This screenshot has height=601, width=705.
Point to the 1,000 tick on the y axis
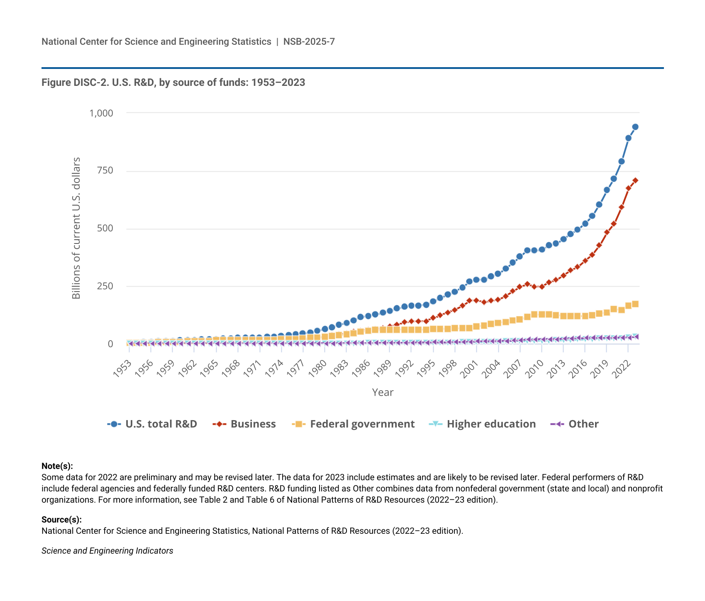tap(101, 113)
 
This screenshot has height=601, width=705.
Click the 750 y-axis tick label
tap(105, 170)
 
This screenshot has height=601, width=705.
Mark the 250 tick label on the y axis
tap(105, 286)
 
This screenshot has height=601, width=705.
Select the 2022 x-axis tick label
tap(624, 367)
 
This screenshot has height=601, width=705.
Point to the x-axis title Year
tap(383, 392)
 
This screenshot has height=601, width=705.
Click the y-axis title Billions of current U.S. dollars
tap(76, 228)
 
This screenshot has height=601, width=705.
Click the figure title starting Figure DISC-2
tap(173, 83)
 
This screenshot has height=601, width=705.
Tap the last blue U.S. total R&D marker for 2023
tap(635, 127)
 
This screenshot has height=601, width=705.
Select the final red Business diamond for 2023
tap(635, 180)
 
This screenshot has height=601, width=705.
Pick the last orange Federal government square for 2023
tap(635, 304)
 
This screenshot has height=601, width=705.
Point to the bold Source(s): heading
tap(61, 520)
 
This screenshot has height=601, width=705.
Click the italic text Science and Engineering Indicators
tap(107, 551)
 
